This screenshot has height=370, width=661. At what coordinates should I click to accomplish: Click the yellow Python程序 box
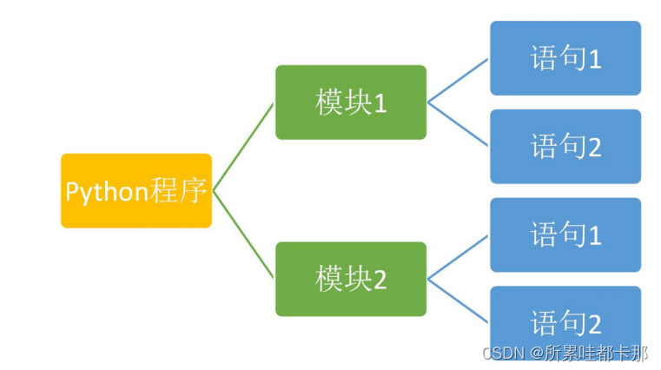click(x=136, y=190)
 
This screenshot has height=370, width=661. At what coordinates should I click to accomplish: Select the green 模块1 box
click(x=351, y=102)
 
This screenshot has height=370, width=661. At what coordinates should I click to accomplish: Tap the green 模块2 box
click(x=351, y=279)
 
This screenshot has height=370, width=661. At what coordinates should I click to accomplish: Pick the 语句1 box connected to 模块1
click(x=565, y=58)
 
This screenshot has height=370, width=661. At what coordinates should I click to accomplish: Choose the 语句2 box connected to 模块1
click(x=565, y=146)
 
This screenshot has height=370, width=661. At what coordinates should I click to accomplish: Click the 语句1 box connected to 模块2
click(x=565, y=235)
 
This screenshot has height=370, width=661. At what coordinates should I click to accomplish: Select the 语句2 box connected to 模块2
click(x=565, y=322)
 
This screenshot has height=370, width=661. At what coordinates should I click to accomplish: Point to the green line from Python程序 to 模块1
click(x=243, y=147)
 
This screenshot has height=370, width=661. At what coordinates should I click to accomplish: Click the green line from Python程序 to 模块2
click(x=243, y=235)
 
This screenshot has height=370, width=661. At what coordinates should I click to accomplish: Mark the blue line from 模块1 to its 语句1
click(x=458, y=81)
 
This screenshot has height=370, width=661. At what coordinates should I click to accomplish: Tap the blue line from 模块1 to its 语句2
click(x=458, y=123)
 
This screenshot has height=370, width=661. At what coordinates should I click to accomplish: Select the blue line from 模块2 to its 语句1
click(x=458, y=257)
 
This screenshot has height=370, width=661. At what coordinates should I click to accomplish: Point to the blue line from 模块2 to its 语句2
click(x=458, y=300)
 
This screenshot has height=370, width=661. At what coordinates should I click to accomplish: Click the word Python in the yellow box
click(x=106, y=191)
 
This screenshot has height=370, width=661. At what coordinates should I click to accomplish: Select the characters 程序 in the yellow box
click(x=177, y=190)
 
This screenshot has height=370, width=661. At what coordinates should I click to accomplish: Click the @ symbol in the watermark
click(x=536, y=353)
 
